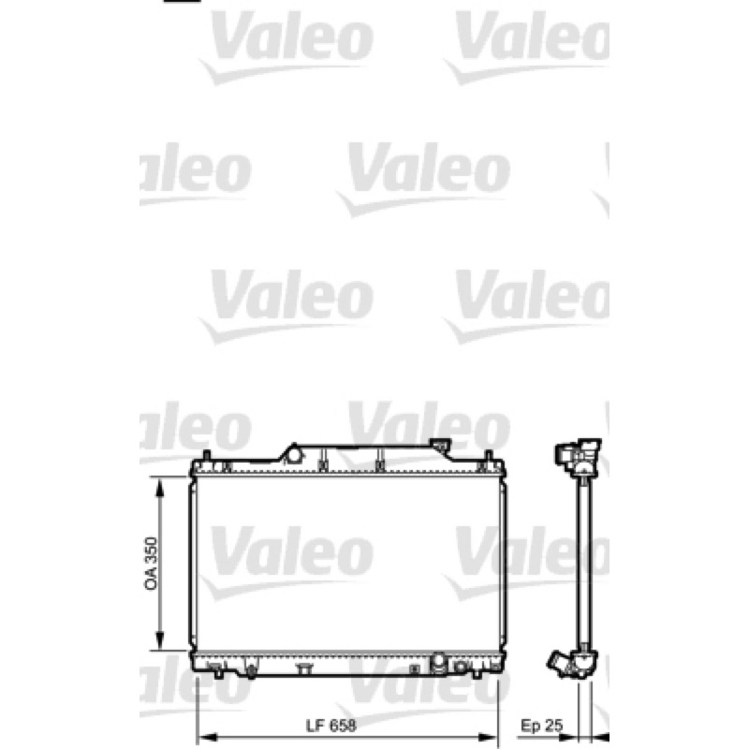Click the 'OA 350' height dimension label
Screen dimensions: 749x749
[x=151, y=564]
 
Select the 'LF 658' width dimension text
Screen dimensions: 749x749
[x=331, y=727]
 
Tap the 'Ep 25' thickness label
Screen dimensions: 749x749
[x=541, y=727]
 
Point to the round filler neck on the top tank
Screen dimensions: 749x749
[x=295, y=454]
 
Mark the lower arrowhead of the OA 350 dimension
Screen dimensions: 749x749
[x=160, y=641]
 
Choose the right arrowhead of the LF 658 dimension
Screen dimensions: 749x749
[x=489, y=738]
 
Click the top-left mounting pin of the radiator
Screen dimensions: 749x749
[x=206, y=455]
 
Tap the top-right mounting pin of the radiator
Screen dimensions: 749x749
[x=488, y=455]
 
